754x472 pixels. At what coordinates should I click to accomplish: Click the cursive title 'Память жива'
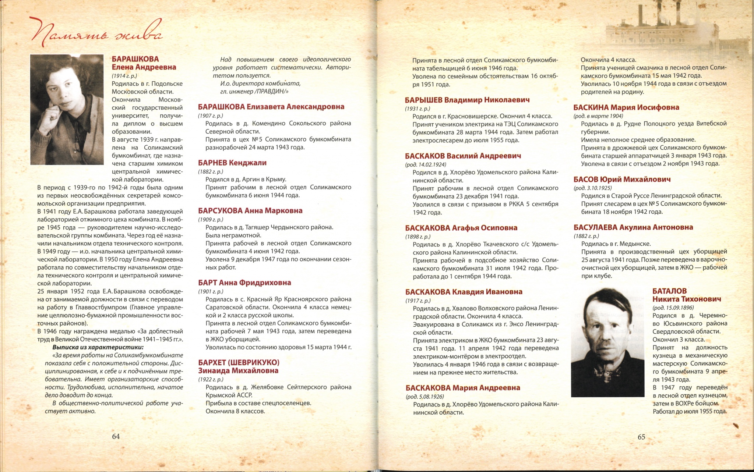96,33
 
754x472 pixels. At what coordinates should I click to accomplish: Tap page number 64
116,436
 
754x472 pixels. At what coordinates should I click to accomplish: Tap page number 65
641,437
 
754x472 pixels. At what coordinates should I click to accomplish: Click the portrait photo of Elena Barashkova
67,110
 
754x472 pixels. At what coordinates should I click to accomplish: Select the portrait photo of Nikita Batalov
607,343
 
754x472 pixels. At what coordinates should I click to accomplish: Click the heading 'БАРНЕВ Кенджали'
232,163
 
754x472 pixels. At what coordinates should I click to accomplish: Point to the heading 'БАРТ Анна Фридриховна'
244,283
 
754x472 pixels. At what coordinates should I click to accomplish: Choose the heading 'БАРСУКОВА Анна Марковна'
250,211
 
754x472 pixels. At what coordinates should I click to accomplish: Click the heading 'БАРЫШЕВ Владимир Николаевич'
467,100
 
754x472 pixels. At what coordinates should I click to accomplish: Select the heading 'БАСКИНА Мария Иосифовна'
626,107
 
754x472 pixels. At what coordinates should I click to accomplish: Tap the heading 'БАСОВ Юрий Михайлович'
622,180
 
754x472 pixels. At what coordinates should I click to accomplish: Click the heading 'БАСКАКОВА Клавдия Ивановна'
464,292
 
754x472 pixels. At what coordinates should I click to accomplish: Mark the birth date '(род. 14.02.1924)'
425,164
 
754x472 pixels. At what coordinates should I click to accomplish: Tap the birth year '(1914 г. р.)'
124,76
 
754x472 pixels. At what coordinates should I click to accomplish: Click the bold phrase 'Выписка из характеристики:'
98,347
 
